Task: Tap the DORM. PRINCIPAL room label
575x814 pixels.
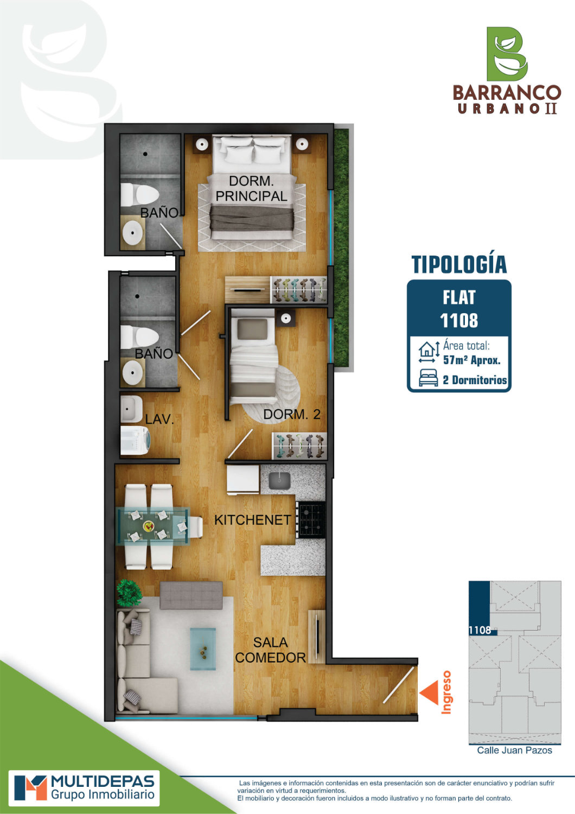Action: click(251, 189)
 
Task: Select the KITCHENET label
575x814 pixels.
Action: click(252, 520)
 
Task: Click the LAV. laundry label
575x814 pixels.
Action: click(159, 419)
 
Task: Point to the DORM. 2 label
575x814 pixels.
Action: click(292, 414)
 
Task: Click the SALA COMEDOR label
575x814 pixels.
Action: click(270, 650)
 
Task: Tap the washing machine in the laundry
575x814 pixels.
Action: click(135, 440)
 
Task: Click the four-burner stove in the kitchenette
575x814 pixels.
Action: click(310, 520)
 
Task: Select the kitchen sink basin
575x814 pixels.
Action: click(279, 481)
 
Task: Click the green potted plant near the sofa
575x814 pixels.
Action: click(129, 593)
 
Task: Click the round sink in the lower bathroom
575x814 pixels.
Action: click(132, 373)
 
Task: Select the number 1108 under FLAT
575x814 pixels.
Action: click(459, 321)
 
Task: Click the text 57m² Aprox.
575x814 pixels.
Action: click(472, 360)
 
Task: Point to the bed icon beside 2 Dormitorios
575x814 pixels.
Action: click(428, 378)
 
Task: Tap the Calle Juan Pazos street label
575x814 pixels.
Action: click(514, 750)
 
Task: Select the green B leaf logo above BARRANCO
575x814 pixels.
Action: click(507, 54)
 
